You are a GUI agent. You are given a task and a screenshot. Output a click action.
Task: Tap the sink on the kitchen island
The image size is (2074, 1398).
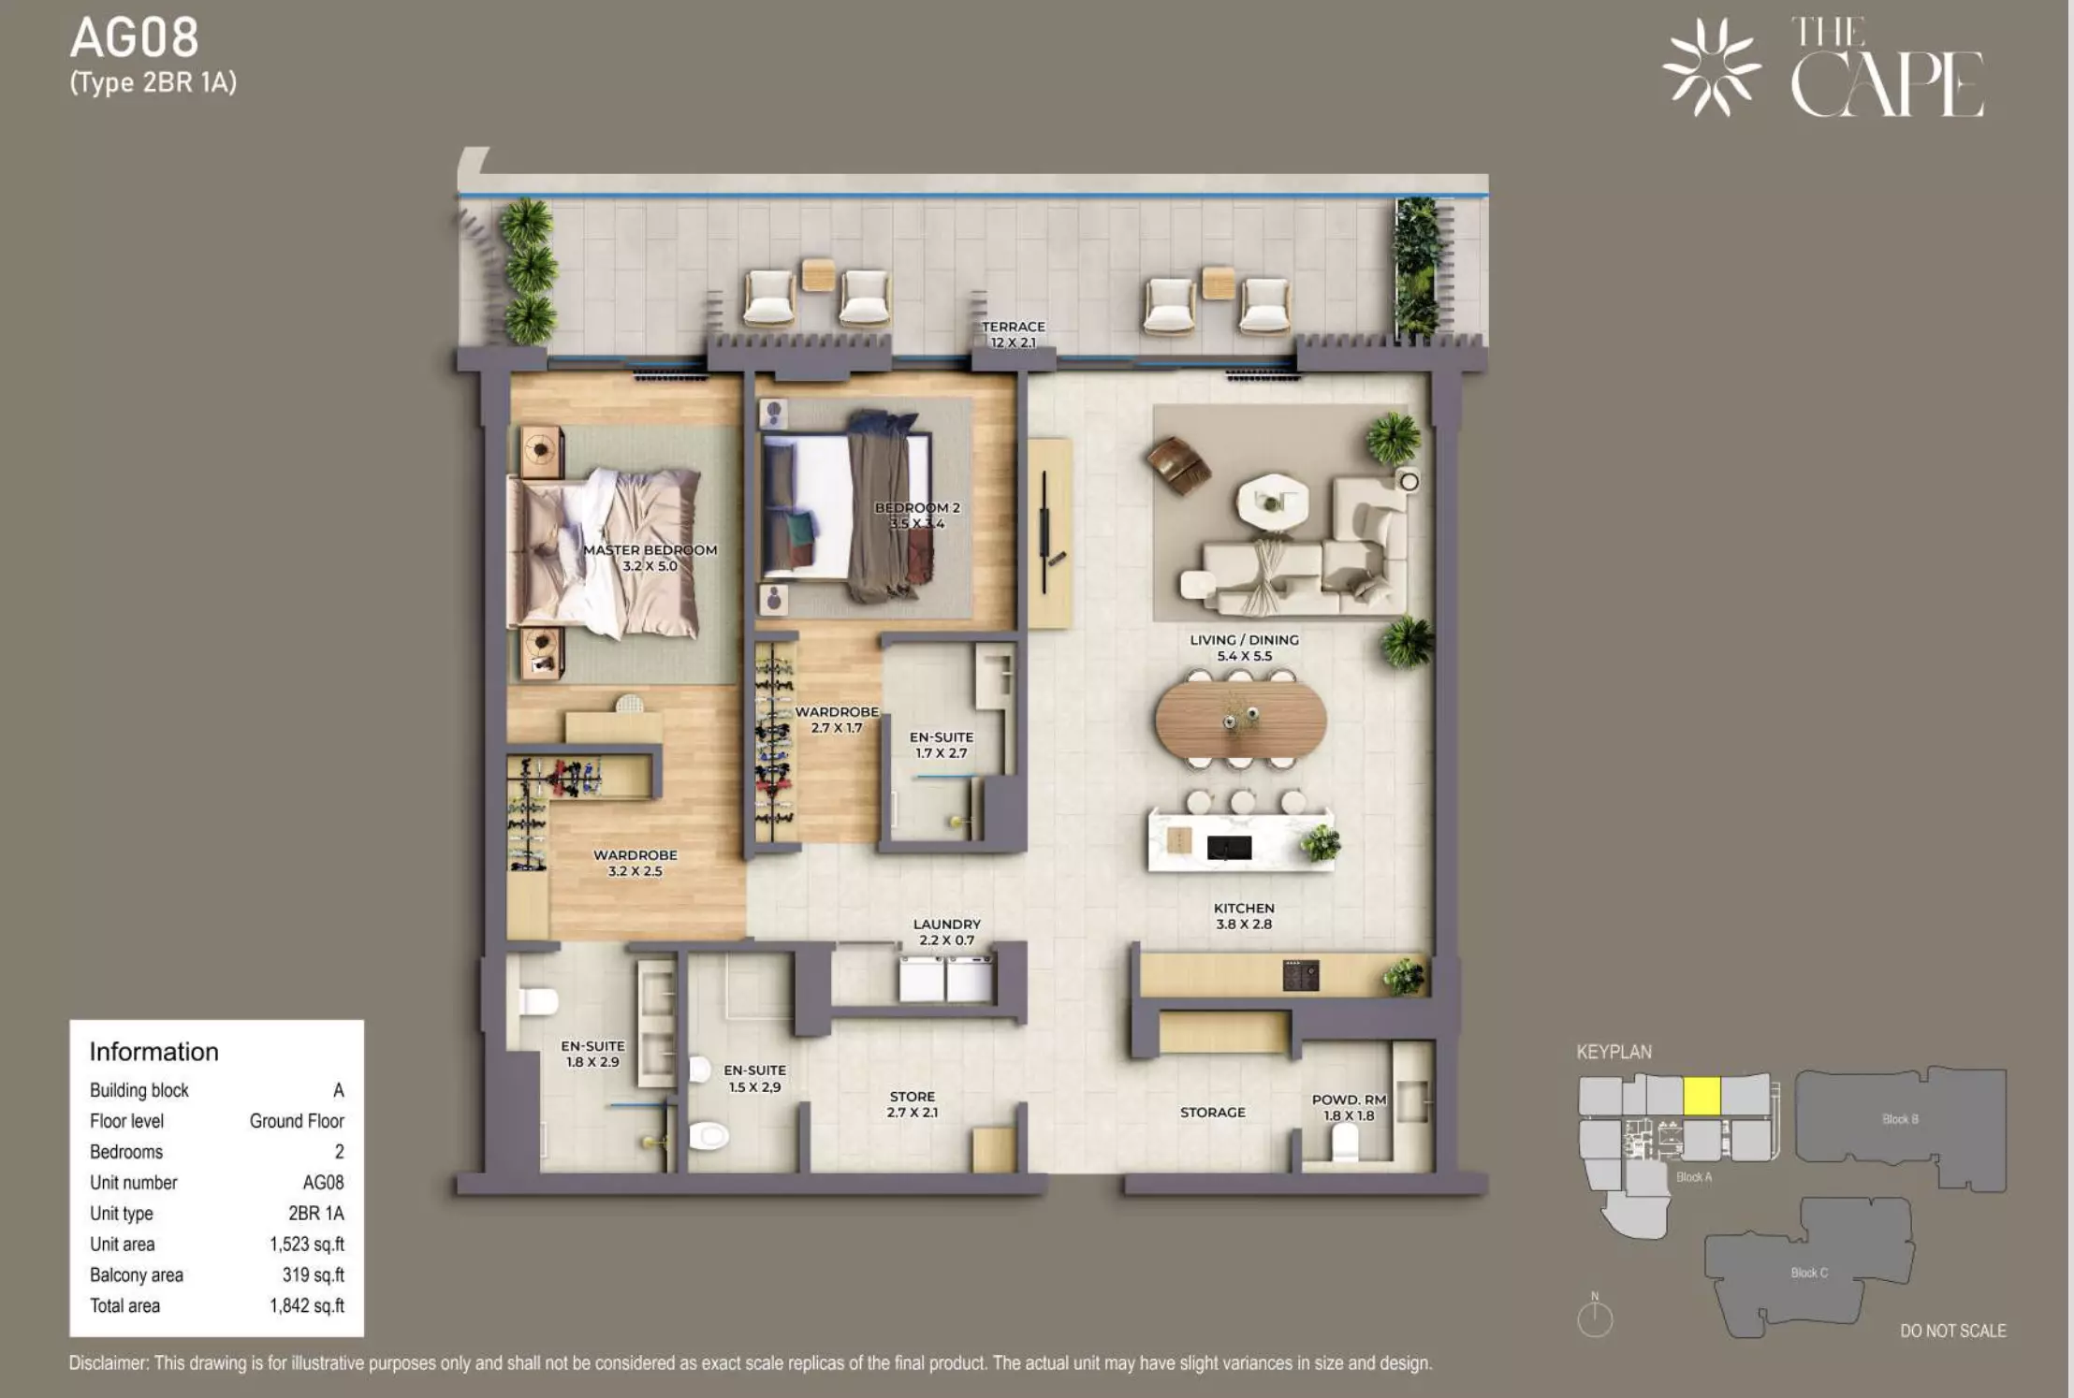[x=1229, y=848]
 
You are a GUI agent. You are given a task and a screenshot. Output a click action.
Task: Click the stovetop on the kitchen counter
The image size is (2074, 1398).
[x=1301, y=976]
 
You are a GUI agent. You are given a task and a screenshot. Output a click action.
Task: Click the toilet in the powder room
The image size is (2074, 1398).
[x=1344, y=1141]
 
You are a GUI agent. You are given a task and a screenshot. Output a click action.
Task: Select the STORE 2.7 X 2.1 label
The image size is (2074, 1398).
[x=913, y=1104]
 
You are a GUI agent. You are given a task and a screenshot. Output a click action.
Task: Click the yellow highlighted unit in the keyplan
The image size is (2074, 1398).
[x=1702, y=1096]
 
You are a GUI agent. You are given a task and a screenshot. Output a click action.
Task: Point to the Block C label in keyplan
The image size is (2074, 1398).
[x=1808, y=1273]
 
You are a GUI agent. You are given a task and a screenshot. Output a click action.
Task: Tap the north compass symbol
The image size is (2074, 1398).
[x=1595, y=1316]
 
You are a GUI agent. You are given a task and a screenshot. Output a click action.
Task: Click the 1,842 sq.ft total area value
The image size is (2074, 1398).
[x=307, y=1305]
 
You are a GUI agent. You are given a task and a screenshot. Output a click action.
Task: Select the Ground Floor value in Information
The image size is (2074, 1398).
[x=297, y=1121]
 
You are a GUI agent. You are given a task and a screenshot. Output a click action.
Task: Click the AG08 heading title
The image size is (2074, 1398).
[x=135, y=38]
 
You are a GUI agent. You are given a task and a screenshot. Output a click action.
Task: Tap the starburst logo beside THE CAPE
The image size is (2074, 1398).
[x=1711, y=67]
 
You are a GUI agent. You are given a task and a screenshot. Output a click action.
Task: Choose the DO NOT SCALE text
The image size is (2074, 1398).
[x=1952, y=1331]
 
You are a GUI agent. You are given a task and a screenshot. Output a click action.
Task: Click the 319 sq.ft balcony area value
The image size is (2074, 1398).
[x=313, y=1274]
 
